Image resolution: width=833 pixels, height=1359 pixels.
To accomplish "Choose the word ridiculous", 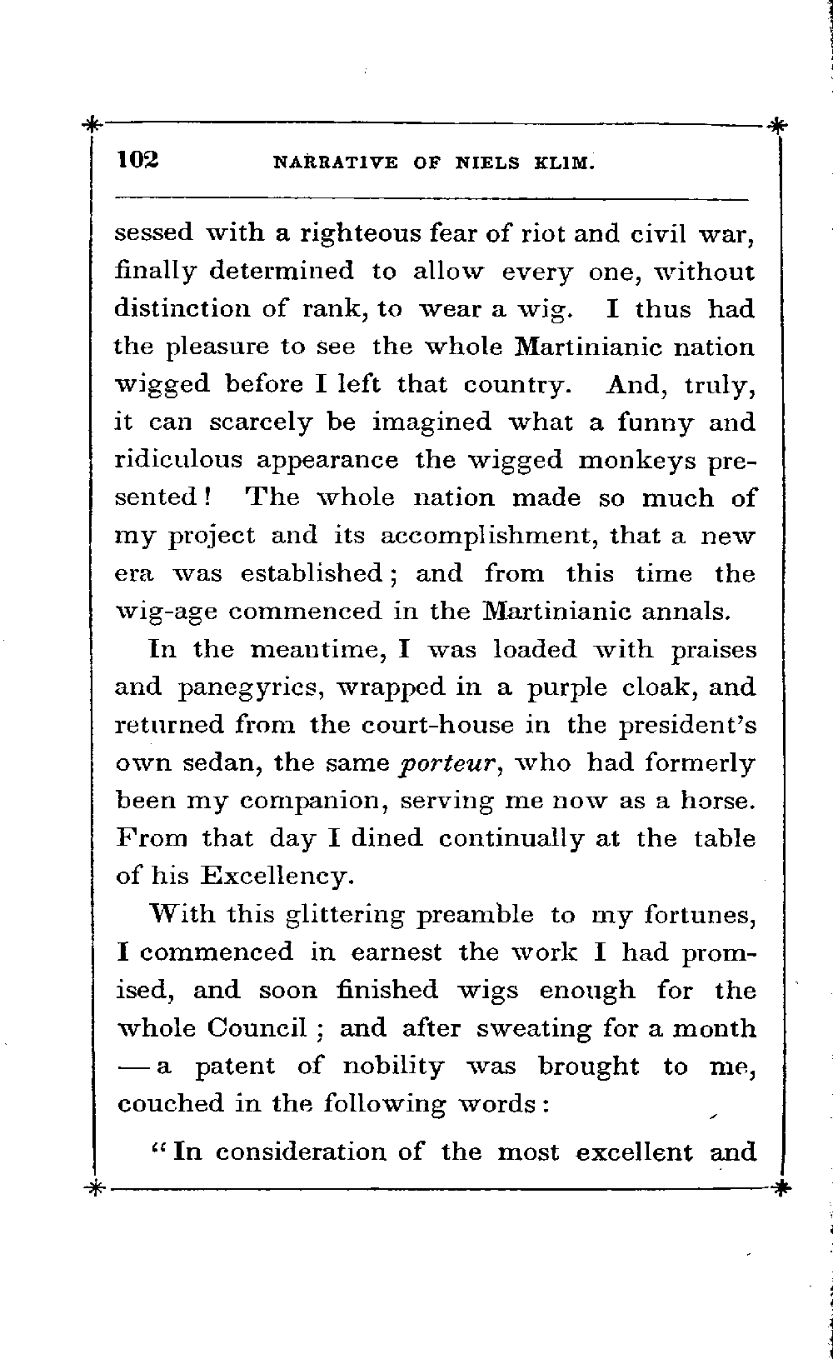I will tap(178, 461).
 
